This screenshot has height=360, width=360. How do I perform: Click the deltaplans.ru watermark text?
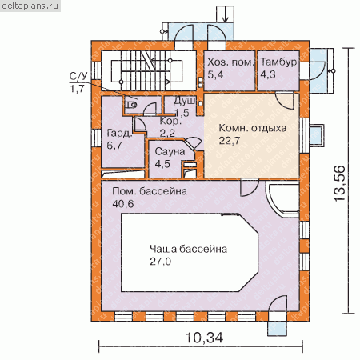coord(30,6)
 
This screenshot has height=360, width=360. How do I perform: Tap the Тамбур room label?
coord(278,62)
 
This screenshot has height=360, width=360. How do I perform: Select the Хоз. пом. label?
coord(230,62)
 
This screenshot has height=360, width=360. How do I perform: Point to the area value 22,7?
coord(230,141)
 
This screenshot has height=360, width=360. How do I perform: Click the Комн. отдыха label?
coord(253,128)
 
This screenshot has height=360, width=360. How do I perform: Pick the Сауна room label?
coord(170,151)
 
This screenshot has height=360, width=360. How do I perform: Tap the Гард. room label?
coord(119,133)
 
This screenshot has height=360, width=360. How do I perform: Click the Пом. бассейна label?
coord(150,191)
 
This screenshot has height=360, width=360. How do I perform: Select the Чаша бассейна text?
coord(188,249)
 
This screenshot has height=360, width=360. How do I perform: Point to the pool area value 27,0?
coord(160,262)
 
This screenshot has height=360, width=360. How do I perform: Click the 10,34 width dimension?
coord(204,338)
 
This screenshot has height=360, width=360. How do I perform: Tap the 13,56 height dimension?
coord(340,184)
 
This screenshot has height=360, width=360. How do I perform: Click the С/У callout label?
coord(78,77)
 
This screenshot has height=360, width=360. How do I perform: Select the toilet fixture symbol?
coord(131,106)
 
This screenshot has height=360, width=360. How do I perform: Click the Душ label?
coord(184,102)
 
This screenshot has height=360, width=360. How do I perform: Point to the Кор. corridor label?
coord(170,122)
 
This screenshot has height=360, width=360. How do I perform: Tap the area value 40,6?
coord(123,204)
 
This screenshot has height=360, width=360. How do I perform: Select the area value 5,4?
coord(215,74)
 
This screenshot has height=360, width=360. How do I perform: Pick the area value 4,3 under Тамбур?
coord(268,74)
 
